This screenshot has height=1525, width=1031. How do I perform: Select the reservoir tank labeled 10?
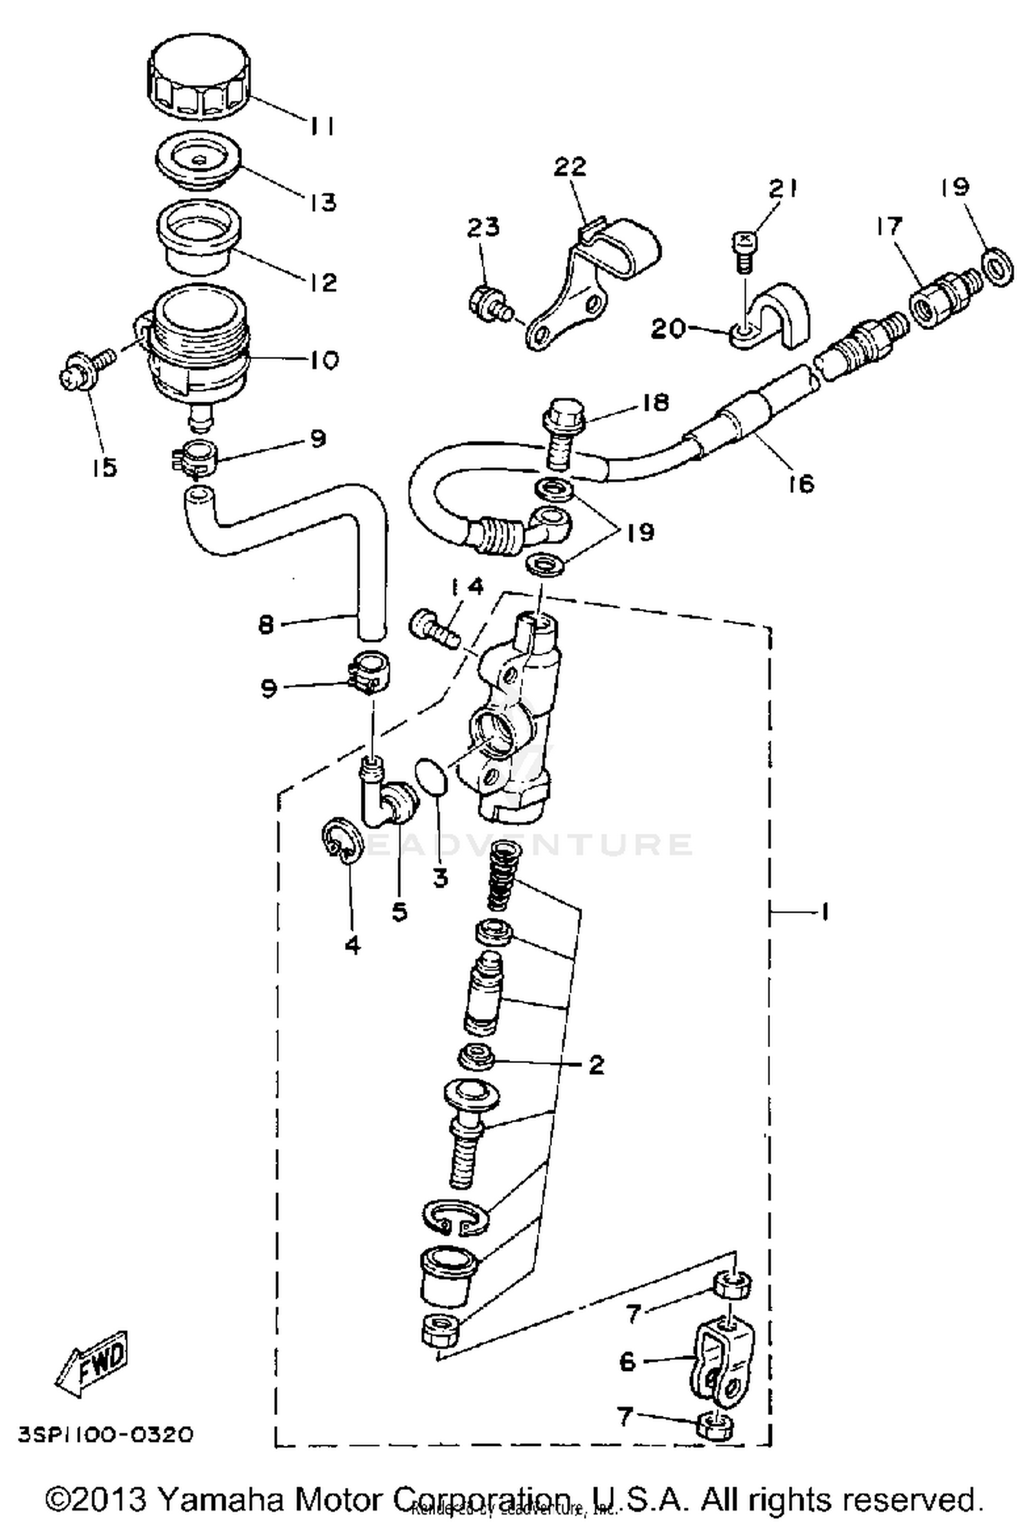196,344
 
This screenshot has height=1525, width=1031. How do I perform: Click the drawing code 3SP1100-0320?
104,1436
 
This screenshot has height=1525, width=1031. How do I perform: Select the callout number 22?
570,167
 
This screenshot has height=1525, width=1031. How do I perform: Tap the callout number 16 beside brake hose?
801,483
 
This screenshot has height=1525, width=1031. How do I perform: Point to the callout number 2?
596,1065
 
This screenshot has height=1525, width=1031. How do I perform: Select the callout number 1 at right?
823,912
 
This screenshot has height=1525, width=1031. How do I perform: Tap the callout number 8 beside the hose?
266,625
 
